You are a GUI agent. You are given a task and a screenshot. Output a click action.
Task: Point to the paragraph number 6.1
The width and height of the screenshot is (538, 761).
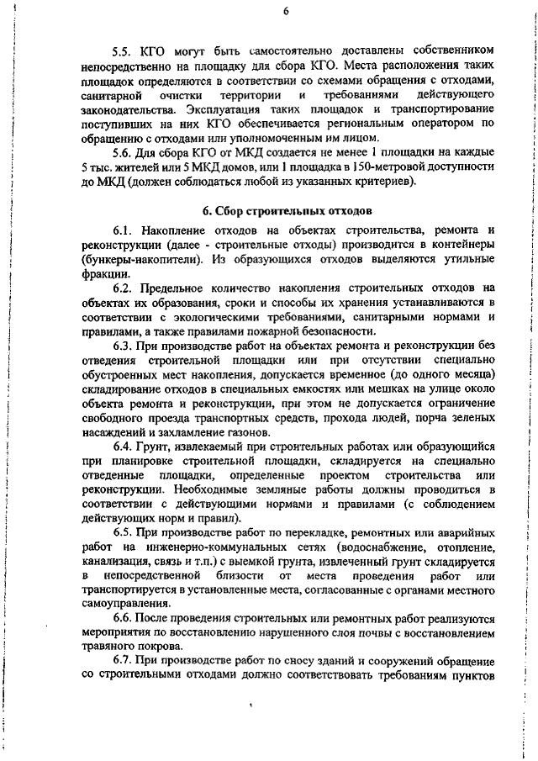124,230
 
